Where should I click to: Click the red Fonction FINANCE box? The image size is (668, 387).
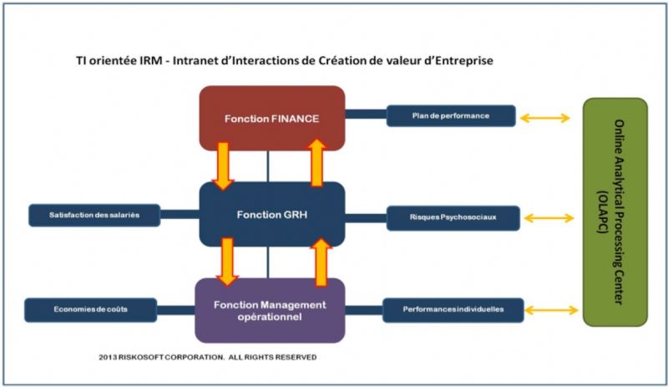pos(272,118)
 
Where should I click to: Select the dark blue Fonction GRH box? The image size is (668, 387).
pos(272,214)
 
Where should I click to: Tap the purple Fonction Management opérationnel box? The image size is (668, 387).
pos(270,311)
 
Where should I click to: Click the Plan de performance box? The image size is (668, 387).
pos(451,115)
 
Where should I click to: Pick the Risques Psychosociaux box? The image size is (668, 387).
pos(453,217)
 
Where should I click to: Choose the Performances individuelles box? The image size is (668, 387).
pos(453,310)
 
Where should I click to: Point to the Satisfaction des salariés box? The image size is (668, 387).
pos(94,215)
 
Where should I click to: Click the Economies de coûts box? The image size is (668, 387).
pos(90,310)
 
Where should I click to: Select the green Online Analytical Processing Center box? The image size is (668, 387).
pos(615,212)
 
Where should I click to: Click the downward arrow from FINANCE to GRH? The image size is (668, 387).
pos(223,166)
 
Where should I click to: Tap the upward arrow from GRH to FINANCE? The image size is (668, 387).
pos(316,163)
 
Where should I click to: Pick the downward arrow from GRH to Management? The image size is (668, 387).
pos(227,262)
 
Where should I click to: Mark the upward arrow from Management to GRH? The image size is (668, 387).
pos(321,262)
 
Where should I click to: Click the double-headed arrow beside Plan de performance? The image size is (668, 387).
pos(545,118)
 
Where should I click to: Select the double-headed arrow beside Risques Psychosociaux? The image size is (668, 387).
pos(549,218)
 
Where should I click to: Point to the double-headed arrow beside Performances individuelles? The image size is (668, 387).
pos(550,310)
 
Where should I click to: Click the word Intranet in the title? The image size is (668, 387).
pos(193,60)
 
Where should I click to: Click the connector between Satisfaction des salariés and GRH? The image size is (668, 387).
pos(180,214)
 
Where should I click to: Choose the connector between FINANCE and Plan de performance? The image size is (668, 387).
pos(366,114)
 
